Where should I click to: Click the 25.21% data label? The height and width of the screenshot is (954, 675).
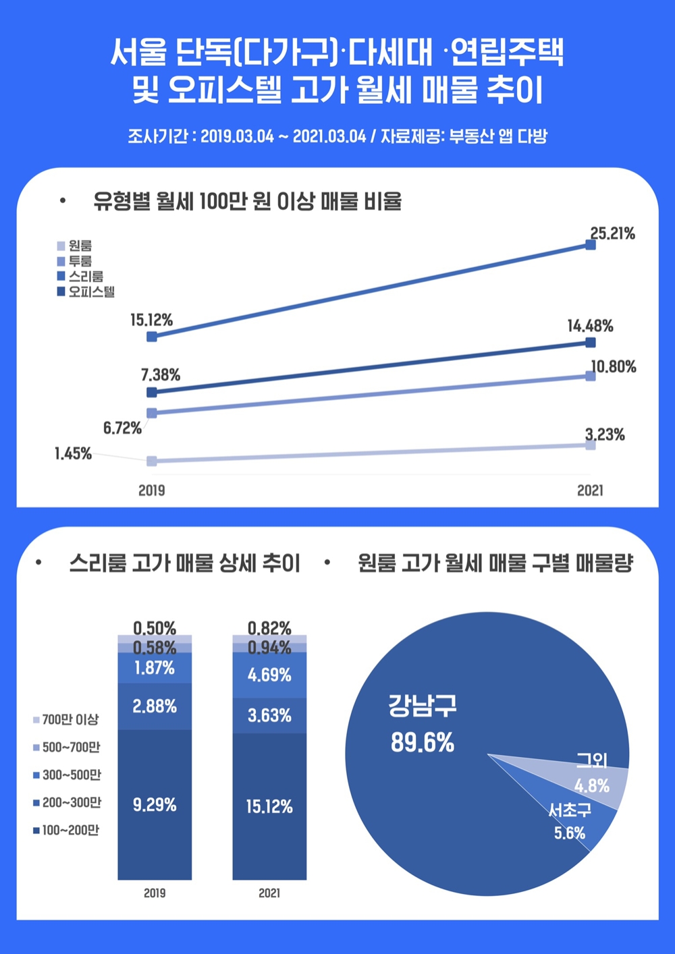point(612,234)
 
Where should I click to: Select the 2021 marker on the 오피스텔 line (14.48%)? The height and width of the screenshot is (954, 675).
point(591,343)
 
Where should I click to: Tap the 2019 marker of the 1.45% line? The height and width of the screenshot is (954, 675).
point(152,461)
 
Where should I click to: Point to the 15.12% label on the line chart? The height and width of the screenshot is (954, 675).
point(152,320)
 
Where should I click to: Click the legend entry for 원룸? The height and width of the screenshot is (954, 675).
point(75,246)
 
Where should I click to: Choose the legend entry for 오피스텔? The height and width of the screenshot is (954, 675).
point(86,292)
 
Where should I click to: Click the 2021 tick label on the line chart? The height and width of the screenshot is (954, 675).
point(590,490)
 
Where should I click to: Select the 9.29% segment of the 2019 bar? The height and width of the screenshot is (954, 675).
point(155,804)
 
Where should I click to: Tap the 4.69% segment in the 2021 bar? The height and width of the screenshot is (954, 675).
point(269,675)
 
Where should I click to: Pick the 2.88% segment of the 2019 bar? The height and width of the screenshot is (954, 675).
point(155,706)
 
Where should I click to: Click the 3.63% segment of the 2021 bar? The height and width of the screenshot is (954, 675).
point(269,715)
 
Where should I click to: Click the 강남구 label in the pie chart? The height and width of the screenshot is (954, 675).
point(423,706)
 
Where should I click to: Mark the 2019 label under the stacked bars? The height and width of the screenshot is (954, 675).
point(155,893)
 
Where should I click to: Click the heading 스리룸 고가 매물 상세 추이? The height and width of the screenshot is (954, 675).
point(184,563)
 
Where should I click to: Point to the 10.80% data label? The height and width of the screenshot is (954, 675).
point(614,367)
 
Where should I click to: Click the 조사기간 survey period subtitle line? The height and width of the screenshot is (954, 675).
point(337,136)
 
